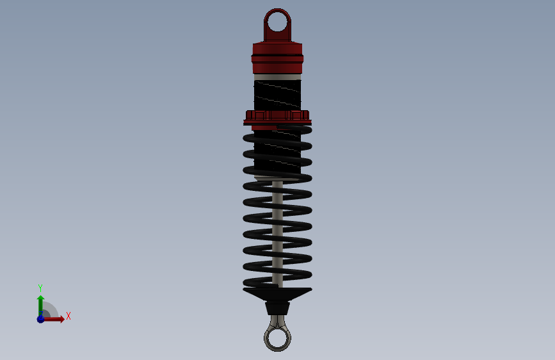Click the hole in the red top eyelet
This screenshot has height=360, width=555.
click(x=277, y=22)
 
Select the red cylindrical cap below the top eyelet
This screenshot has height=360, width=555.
click(x=278, y=58)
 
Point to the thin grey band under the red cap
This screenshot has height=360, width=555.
click(x=278, y=77)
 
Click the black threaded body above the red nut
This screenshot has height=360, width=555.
click(x=278, y=95)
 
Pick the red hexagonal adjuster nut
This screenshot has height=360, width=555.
click(x=278, y=115)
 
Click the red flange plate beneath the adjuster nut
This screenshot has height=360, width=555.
click(x=278, y=122)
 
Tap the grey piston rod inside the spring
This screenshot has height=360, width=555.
click(x=278, y=234)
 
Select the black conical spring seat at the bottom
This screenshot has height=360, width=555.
click(x=278, y=295)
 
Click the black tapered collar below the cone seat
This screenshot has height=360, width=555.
click(x=278, y=308)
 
